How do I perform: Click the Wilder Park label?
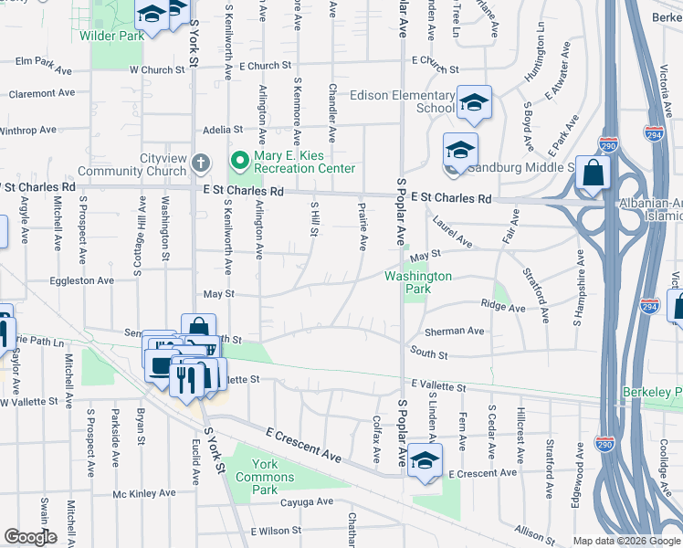point(111,36)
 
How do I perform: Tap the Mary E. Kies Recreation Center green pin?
point(239,162)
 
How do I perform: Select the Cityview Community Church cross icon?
point(201,165)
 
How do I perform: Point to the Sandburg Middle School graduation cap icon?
point(460,150)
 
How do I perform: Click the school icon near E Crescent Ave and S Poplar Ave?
point(424,460)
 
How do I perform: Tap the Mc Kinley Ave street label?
point(143,494)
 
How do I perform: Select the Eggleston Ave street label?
point(81,280)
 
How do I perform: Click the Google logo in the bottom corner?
point(30,537)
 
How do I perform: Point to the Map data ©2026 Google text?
point(625,542)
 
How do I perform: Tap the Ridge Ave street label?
point(504,308)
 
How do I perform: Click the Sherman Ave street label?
point(454,331)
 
